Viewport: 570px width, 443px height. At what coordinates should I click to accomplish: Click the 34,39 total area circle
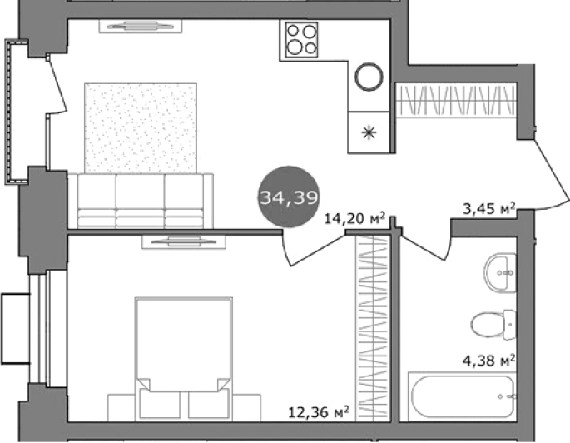pos(289,197)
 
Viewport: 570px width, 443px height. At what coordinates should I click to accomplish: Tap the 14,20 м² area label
pos(354,219)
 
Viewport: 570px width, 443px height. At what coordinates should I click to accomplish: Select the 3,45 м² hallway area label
pos(489,208)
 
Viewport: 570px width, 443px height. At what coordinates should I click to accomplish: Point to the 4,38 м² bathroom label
pos(489,361)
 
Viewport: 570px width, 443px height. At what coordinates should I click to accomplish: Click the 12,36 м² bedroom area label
pos(319,412)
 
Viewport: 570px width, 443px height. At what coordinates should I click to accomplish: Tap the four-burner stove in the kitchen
pos(301,40)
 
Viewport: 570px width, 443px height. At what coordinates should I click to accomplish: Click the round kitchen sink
pos(369,77)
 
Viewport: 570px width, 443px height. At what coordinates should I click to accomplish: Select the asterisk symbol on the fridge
pos(369,132)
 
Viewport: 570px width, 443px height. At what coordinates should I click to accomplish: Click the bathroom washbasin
pos(501,273)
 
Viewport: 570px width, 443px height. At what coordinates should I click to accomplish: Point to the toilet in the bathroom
pos(493,325)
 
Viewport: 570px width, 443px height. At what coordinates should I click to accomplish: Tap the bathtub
pos(462,396)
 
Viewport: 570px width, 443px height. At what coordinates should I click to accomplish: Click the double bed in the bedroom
pos(184,357)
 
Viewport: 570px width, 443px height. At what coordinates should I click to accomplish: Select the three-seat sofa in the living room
pos(141,202)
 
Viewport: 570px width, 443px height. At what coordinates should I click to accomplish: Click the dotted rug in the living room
pos(141,128)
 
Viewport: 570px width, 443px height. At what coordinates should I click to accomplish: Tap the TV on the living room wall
pos(141,26)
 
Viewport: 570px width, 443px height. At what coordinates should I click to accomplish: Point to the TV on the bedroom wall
pos(184,241)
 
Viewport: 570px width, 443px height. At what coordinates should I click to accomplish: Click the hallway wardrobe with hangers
pos(456,100)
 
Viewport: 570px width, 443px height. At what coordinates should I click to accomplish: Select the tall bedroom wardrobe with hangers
pos(373,328)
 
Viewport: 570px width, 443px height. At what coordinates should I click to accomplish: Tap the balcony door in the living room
pos(58,86)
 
